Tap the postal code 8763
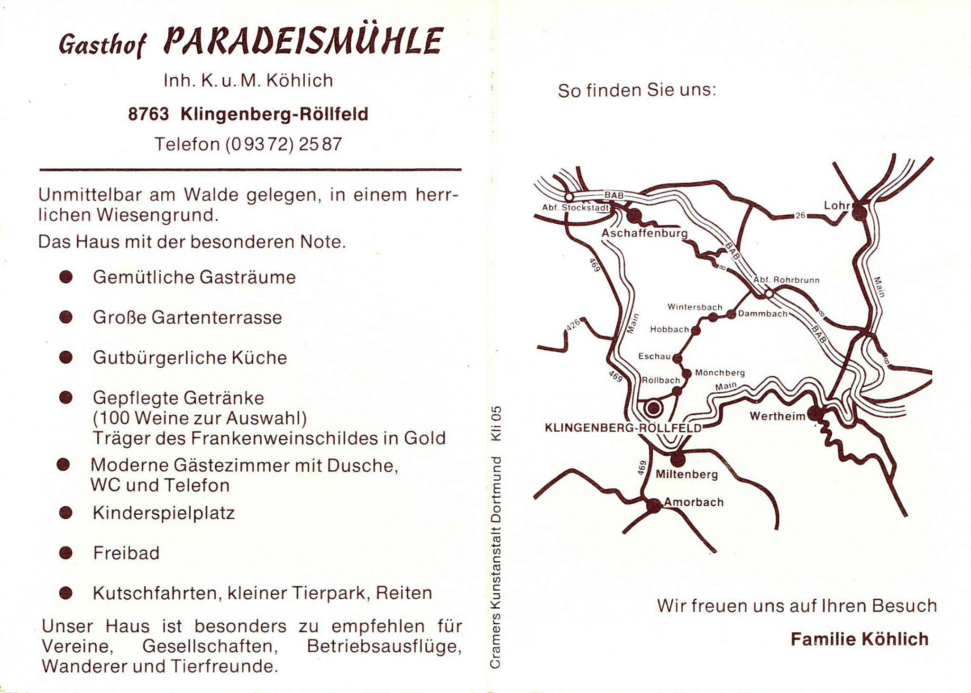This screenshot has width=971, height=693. [148, 114]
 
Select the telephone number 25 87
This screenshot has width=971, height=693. [320, 144]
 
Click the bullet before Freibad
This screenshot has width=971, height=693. [66, 553]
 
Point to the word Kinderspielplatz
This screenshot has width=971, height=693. [164, 513]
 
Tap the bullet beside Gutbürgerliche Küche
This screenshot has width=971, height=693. [66, 357]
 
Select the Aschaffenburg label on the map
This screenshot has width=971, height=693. [644, 233]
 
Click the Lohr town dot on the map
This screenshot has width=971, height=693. [860, 213]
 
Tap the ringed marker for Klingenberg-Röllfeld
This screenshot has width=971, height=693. [653, 407]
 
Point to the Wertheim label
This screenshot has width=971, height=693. [778, 416]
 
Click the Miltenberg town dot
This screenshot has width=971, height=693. [678, 458]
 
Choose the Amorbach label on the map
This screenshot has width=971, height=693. [694, 502]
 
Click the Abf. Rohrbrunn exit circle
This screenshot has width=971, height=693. [769, 294]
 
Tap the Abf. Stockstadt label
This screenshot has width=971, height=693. [576, 208]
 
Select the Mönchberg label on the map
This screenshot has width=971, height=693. [720, 373]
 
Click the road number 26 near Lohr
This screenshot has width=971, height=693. [800, 216]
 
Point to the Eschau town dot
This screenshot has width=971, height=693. [678, 358]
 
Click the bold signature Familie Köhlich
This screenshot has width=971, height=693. [859, 639]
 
